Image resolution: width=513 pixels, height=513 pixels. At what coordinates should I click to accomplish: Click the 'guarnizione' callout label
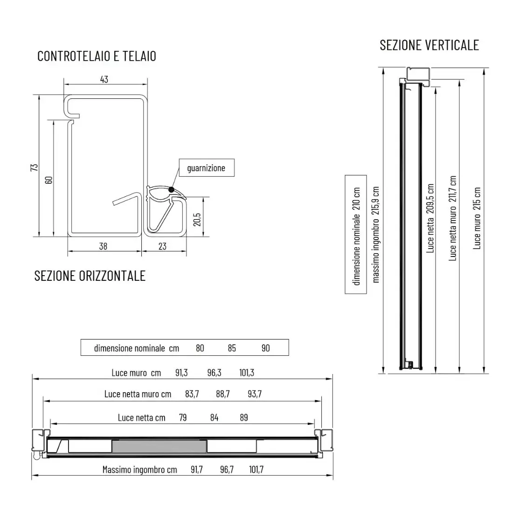[x=206, y=168]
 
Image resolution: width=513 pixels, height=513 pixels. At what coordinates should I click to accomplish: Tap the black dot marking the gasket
[x=171, y=189]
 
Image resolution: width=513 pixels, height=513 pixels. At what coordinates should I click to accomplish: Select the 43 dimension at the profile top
[x=104, y=79]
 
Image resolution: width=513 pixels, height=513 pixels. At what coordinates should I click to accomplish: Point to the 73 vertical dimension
[x=34, y=167]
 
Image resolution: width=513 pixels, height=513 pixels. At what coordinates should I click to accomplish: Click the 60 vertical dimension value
[x=49, y=178]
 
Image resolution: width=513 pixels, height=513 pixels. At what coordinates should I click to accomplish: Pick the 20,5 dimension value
[x=197, y=219]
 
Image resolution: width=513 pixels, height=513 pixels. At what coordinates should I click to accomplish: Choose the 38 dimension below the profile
[x=103, y=246]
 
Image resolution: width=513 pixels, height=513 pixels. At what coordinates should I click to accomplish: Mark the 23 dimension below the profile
[x=162, y=246]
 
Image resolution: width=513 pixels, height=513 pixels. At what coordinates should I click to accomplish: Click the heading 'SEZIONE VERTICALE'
[x=429, y=45]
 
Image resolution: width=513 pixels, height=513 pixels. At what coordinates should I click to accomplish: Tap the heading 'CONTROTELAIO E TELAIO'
[x=97, y=56]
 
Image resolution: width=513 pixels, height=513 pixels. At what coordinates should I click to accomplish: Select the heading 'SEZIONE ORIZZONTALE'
[x=90, y=276]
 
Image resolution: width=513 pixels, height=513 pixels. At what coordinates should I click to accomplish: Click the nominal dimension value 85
[x=232, y=348]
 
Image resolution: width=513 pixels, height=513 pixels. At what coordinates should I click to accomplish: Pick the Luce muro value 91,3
[x=181, y=373]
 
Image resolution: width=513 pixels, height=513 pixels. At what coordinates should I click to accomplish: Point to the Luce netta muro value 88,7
[x=223, y=394]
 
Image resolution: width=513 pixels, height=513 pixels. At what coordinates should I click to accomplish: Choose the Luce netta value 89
[x=244, y=417]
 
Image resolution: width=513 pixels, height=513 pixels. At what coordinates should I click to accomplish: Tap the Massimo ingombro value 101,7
[x=256, y=470]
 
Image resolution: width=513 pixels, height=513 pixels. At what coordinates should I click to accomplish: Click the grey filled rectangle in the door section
[x=159, y=446]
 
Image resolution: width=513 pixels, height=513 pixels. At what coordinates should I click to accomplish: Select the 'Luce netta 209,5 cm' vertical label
[x=430, y=218]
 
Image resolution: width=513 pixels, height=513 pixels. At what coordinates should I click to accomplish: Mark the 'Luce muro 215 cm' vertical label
[x=477, y=218]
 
